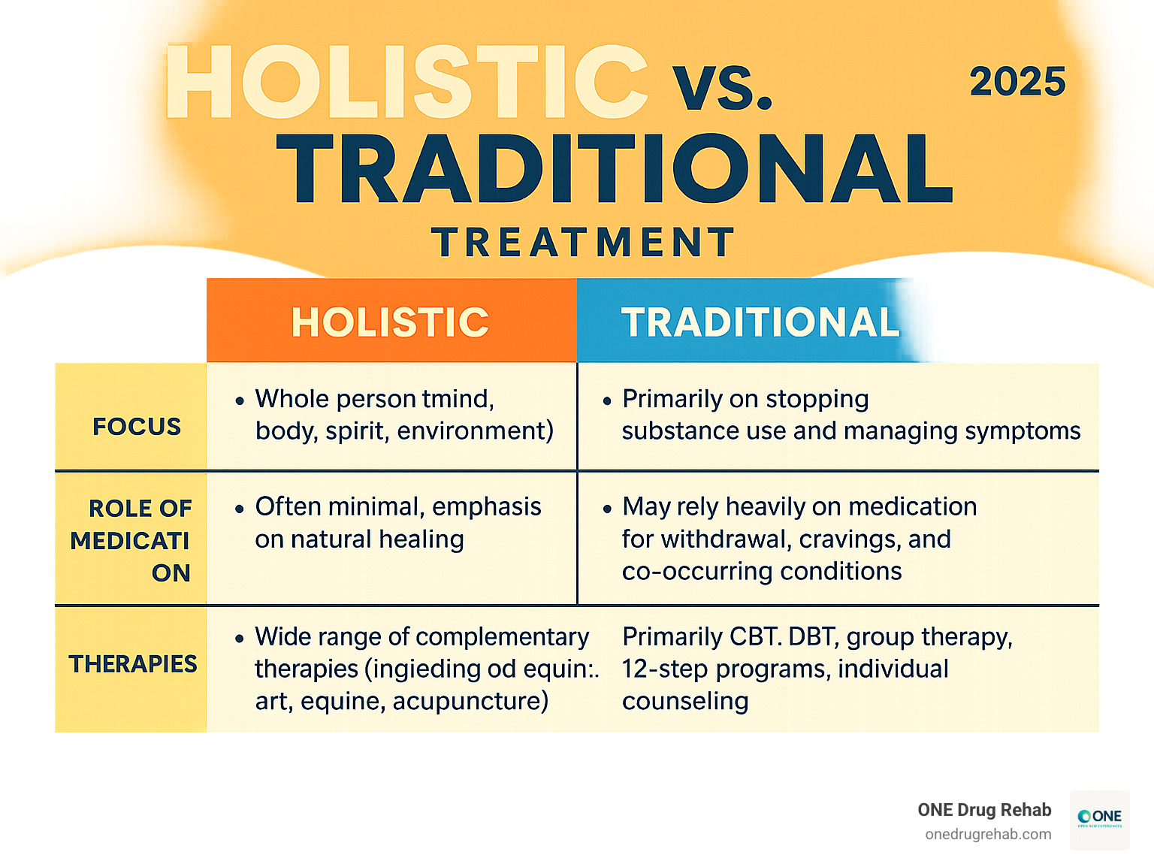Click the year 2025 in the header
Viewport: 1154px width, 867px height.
click(x=1017, y=82)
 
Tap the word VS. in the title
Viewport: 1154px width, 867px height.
click(x=722, y=89)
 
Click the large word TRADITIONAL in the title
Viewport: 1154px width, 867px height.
click(x=615, y=169)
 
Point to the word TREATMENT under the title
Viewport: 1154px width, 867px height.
click(x=583, y=243)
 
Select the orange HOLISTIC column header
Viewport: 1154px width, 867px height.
click(x=390, y=322)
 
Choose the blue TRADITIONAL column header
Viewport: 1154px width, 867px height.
click(x=760, y=322)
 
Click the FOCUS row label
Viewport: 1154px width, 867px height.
click(x=137, y=427)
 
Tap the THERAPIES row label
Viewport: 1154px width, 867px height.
click(x=133, y=664)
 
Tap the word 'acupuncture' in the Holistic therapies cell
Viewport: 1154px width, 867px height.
click(x=470, y=701)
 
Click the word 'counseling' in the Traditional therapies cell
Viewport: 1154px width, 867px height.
click(x=685, y=701)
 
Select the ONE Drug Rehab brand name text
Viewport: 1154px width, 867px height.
click(x=984, y=810)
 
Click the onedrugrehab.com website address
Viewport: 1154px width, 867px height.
click(x=988, y=835)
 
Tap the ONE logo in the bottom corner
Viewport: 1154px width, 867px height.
click(x=1099, y=819)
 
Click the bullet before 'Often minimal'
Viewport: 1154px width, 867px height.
click(x=240, y=509)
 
